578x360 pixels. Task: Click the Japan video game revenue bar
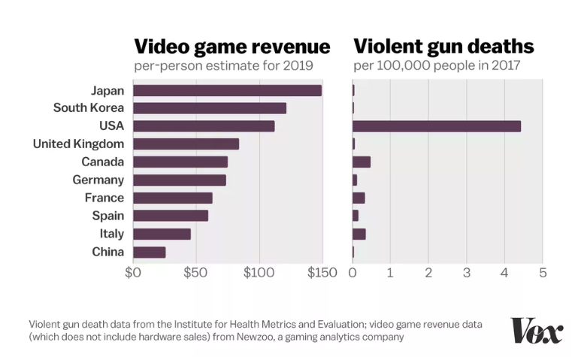pyautogui.click(x=227, y=90)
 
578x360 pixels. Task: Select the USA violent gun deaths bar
pyautogui.click(x=436, y=126)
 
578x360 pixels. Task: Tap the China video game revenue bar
pyautogui.click(x=149, y=252)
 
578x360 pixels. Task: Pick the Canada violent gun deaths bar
pyautogui.click(x=361, y=162)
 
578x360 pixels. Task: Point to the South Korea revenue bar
pyautogui.click(x=210, y=108)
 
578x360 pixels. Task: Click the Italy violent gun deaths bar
pyautogui.click(x=359, y=234)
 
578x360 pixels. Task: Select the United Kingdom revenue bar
pyautogui.click(x=186, y=144)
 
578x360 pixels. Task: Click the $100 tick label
pyautogui.click(x=259, y=272)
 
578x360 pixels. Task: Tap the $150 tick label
pyautogui.click(x=322, y=272)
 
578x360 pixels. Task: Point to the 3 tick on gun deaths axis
pyautogui.click(x=466, y=272)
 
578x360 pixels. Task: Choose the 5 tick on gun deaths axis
pyautogui.click(x=542, y=272)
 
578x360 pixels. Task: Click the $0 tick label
pyautogui.click(x=133, y=272)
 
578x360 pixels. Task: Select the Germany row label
pyautogui.click(x=98, y=180)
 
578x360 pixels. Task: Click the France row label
pyautogui.click(x=104, y=198)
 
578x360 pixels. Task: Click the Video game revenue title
pyautogui.click(x=232, y=47)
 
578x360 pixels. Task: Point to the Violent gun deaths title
pyautogui.click(x=443, y=47)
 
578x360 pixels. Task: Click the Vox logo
pyautogui.click(x=537, y=331)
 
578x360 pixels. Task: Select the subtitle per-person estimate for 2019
pyautogui.click(x=223, y=66)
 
